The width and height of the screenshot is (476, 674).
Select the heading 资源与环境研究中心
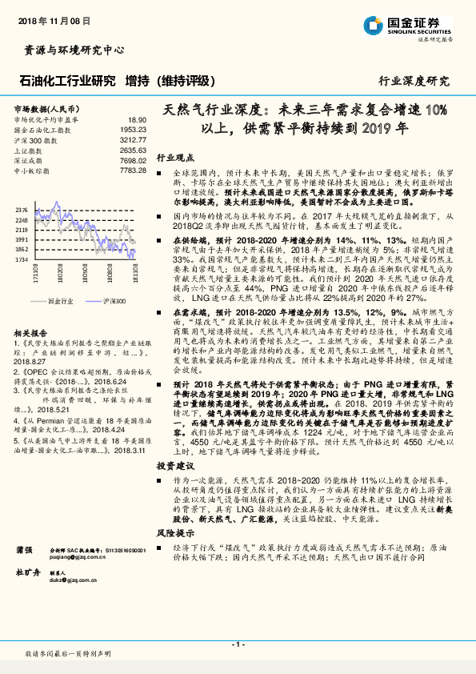[70, 50]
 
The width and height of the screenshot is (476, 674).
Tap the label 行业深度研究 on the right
[414, 81]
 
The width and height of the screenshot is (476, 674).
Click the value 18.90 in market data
[138, 119]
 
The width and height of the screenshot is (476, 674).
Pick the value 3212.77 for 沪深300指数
[132, 139]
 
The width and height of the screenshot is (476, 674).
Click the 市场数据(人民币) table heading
[48, 107]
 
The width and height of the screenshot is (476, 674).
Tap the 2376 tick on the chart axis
[22, 210]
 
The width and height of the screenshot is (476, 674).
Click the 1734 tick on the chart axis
[22, 259]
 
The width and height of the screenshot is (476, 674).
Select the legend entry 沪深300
[112, 300]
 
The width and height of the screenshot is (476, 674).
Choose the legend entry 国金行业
[60, 300]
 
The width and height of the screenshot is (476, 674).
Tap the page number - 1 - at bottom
[238, 644]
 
